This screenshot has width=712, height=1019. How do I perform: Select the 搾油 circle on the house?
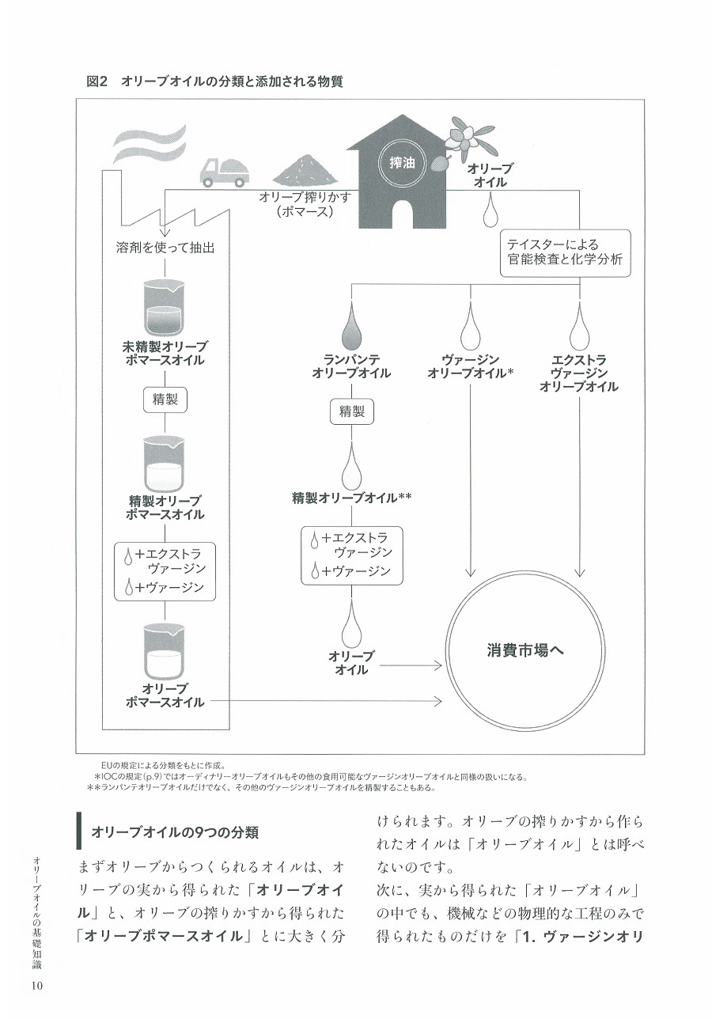coord(402,163)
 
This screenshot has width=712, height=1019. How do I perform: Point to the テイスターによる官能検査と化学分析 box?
coord(565,253)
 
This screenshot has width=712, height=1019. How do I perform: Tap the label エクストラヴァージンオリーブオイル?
coord(578,373)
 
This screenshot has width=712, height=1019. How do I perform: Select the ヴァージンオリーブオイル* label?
coord(470,366)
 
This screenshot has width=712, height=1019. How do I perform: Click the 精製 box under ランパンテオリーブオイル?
coord(352,411)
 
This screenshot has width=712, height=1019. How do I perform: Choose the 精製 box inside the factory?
coord(165,400)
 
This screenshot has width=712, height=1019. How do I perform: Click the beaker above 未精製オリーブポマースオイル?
coord(165,307)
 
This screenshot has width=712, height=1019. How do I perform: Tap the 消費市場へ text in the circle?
coord(525,650)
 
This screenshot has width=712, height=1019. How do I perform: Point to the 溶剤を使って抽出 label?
coord(165,248)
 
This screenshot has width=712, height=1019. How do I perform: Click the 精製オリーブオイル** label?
coord(351,498)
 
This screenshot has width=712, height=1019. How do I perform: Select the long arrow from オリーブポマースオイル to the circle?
coord(326,702)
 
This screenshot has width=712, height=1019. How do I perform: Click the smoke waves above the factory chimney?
coord(148,143)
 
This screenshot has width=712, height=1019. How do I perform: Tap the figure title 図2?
coord(96,82)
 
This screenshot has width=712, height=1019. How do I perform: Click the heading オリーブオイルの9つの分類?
coord(175,832)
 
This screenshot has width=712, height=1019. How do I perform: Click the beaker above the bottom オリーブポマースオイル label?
coord(165,651)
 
